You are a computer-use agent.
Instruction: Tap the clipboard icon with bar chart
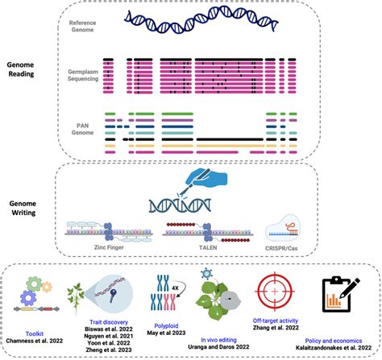[338, 295]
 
